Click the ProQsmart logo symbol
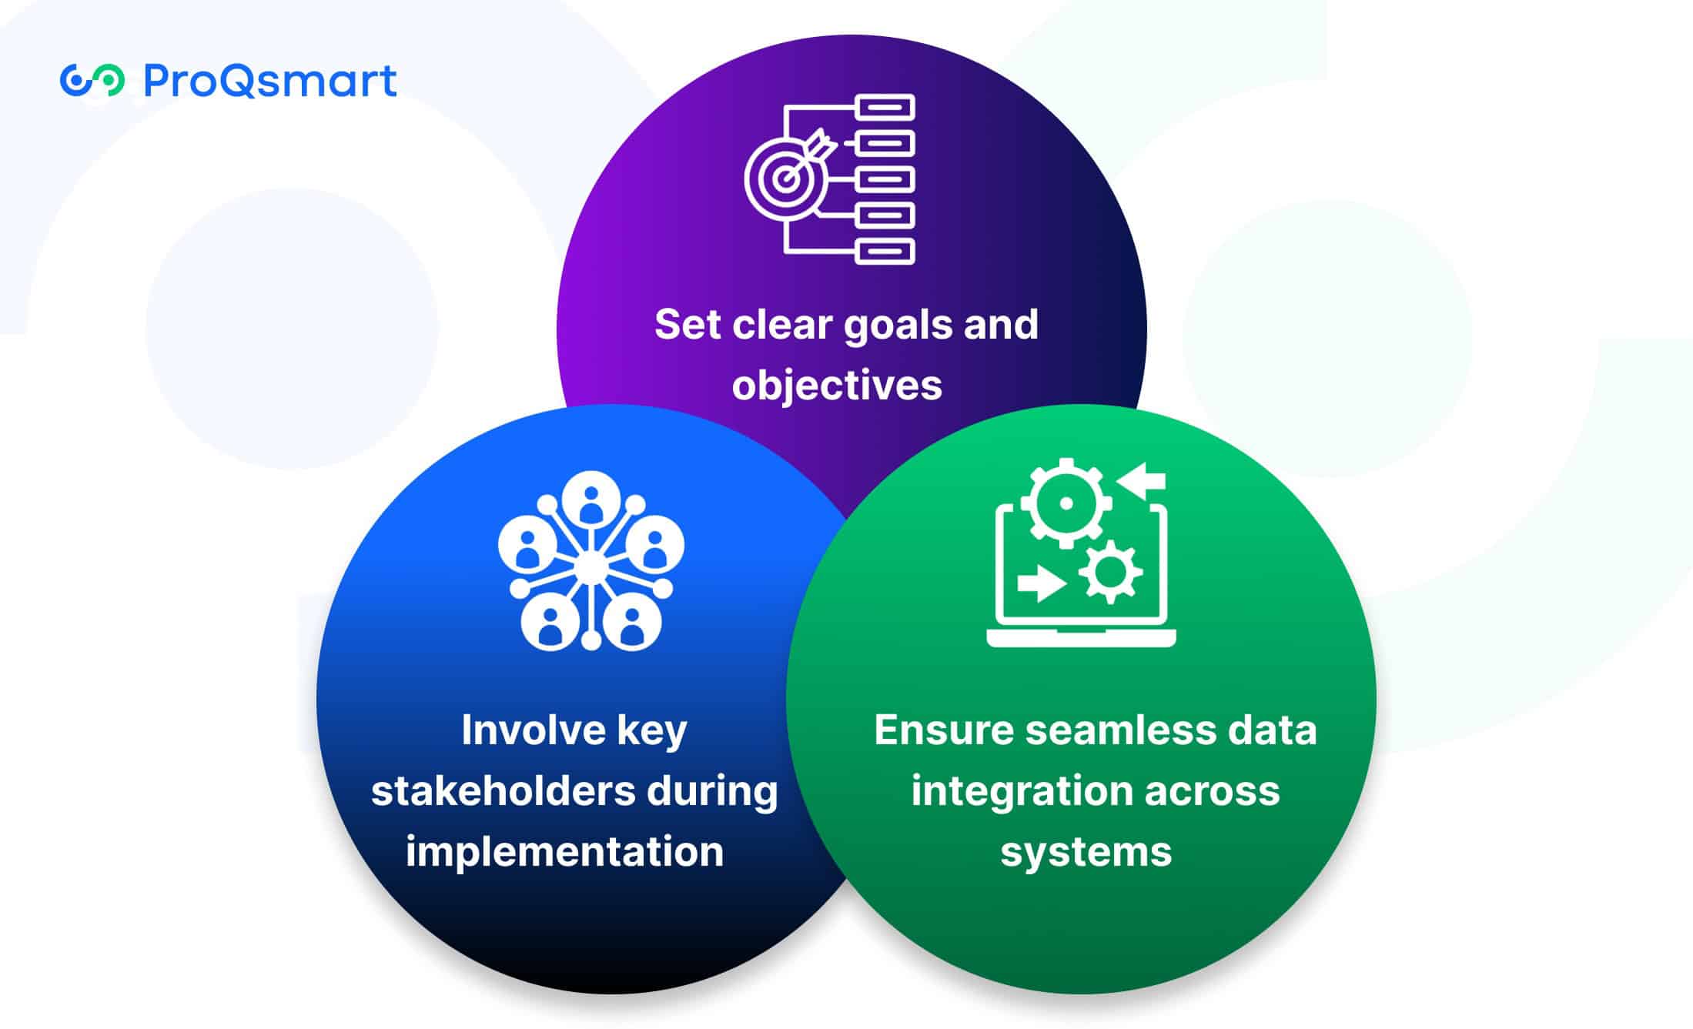(92, 81)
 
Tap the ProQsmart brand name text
(270, 81)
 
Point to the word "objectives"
(837, 385)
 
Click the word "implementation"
(564, 852)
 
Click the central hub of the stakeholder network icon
(591, 568)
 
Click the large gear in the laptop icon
(1066, 503)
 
